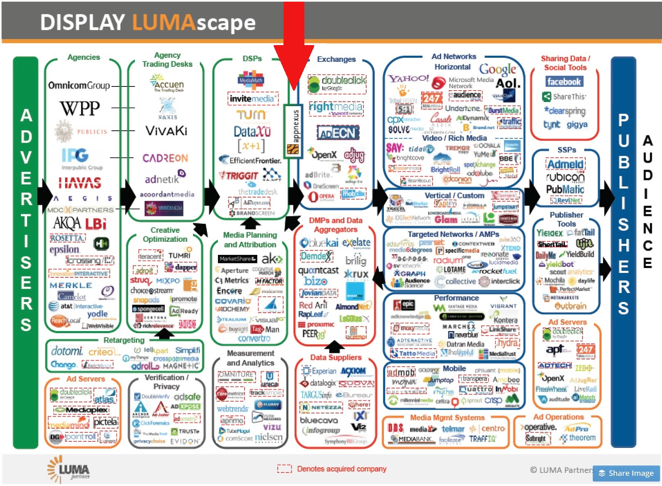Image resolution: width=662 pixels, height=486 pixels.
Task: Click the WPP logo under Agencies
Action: coord(80,109)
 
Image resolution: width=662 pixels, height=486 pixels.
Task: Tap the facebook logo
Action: coord(564,82)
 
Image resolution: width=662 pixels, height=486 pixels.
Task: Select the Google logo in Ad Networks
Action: coord(497,70)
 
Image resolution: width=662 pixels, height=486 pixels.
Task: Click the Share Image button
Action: coord(626,473)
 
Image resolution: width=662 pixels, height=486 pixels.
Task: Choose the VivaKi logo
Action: coord(166,131)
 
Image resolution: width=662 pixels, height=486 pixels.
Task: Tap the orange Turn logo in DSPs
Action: coord(251,115)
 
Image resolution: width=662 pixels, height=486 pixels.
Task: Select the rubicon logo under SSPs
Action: coord(565,177)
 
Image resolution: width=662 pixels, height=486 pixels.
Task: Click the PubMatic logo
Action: coord(565,189)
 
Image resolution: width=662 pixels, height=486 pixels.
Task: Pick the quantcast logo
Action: coord(318,270)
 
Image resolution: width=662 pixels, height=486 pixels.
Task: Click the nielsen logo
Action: coord(268,437)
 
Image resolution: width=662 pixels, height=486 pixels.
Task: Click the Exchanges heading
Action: coord(336,59)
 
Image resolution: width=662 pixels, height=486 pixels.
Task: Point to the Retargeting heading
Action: coord(124,340)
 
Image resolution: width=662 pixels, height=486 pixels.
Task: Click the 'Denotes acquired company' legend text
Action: coord(342,468)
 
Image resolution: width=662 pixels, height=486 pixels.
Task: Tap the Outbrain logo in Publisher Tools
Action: coord(570,306)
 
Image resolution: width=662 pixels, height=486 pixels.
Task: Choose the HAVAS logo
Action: coord(80,182)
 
